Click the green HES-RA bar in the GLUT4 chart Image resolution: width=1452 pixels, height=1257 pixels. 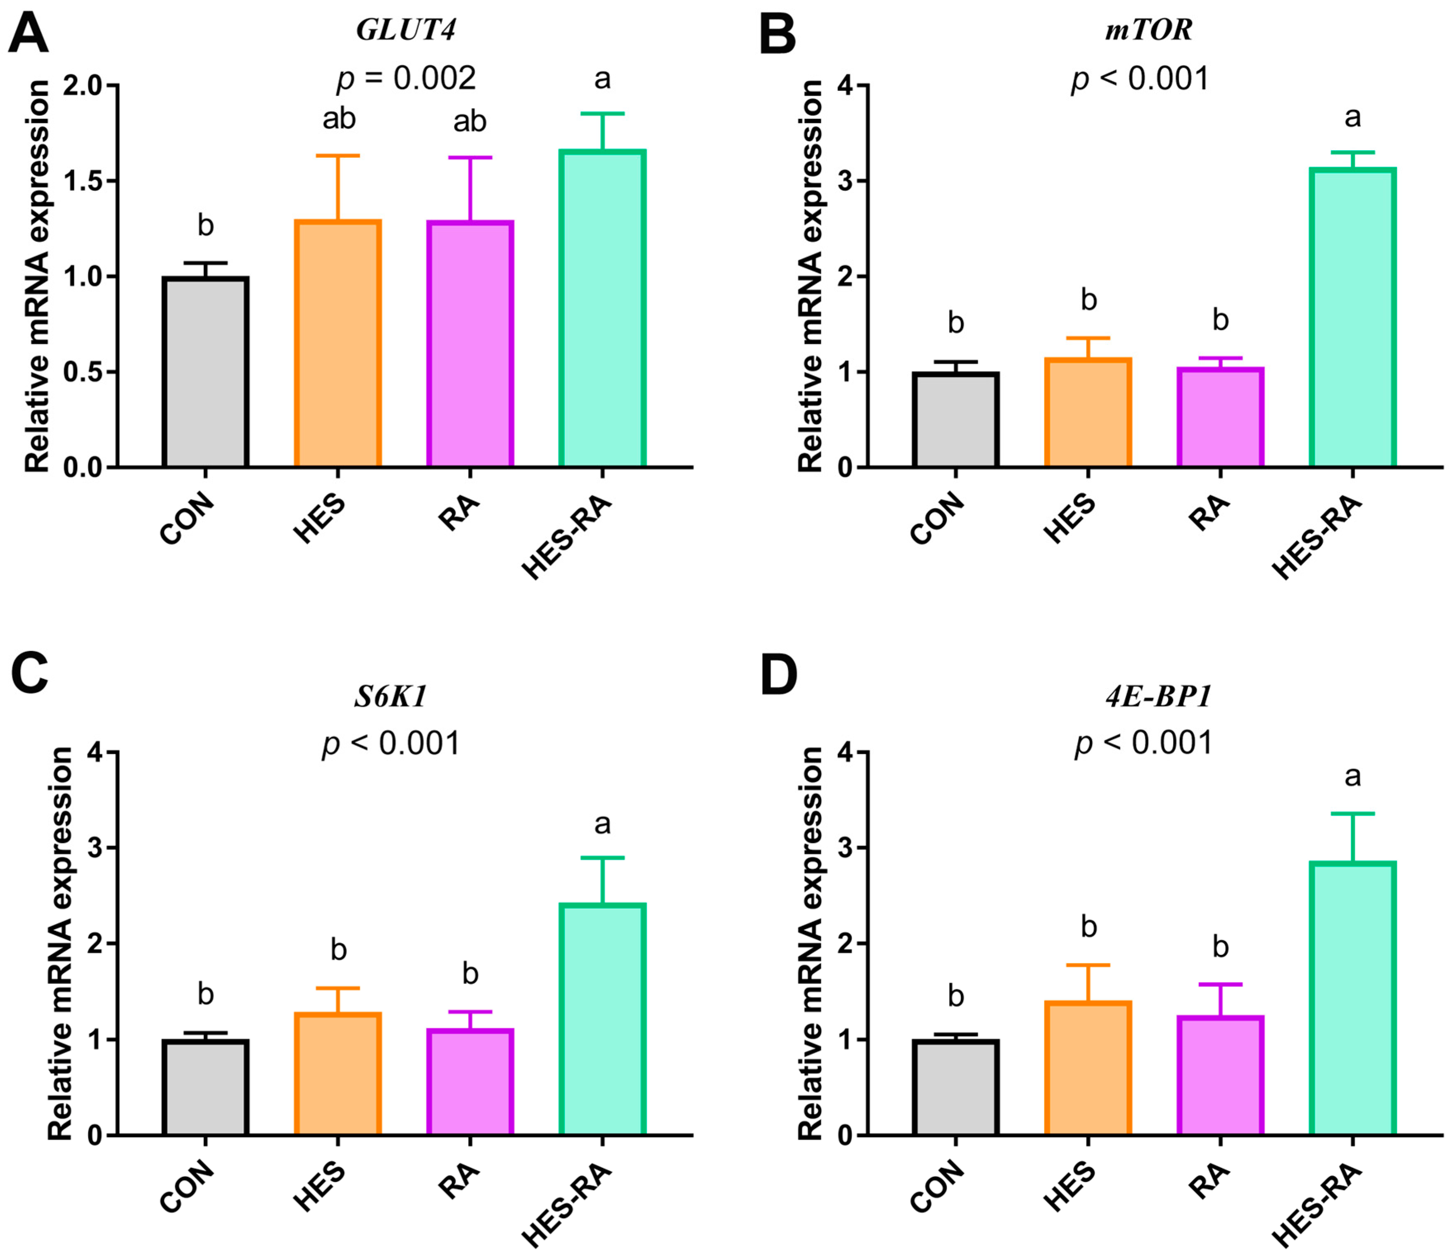pyautogui.click(x=602, y=309)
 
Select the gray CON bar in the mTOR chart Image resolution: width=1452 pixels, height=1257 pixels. pyautogui.click(x=956, y=419)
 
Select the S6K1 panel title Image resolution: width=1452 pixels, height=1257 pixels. pyautogui.click(x=391, y=696)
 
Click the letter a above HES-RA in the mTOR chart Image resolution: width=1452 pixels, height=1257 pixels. pyautogui.click(x=1352, y=117)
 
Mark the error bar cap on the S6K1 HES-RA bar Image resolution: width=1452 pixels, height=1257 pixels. pyautogui.click(x=602, y=857)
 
